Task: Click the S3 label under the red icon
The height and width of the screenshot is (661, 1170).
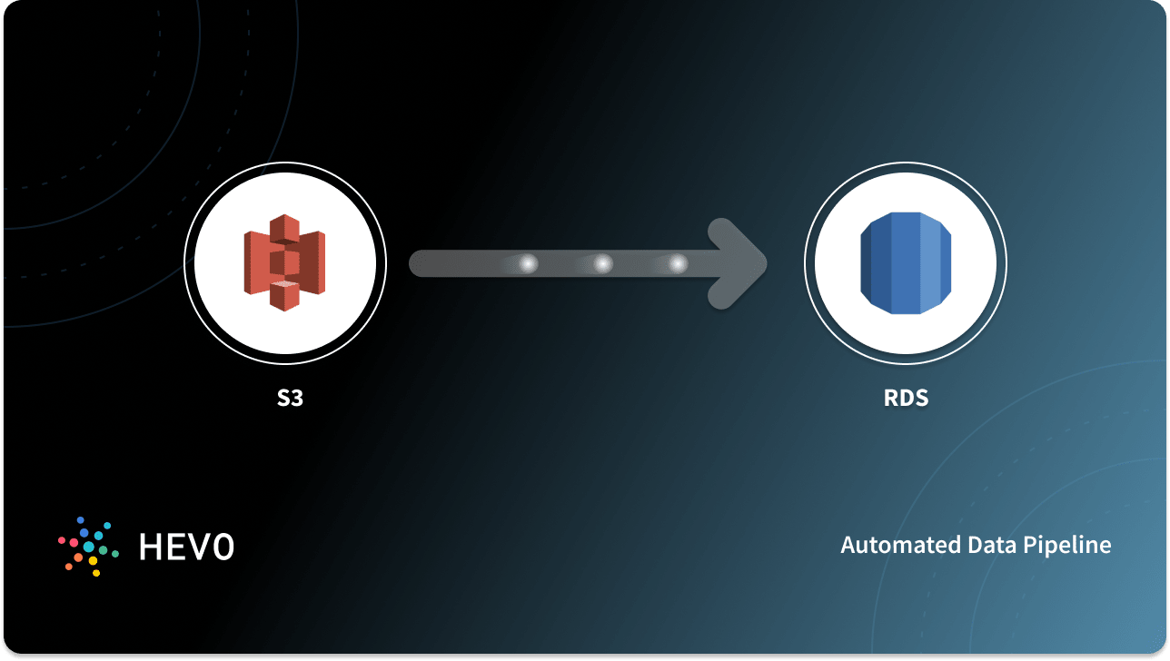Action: (290, 398)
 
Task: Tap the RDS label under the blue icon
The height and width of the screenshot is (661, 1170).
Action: (905, 398)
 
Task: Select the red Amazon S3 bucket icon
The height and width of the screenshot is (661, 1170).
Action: (284, 263)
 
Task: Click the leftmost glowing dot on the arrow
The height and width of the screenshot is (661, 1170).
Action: (528, 264)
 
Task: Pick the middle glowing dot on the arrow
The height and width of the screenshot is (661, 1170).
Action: (603, 264)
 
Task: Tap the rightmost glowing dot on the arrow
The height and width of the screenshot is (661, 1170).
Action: (678, 264)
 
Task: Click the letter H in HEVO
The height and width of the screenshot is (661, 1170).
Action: (150, 546)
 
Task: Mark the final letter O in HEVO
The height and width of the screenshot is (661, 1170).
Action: (224, 546)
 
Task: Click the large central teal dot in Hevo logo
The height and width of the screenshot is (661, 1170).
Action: (89, 547)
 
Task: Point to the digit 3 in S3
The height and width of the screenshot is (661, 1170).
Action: (296, 398)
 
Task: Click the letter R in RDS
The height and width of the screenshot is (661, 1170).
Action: (890, 398)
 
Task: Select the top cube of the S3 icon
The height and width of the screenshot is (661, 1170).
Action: (284, 230)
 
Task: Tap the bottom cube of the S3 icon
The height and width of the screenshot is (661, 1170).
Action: (284, 295)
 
